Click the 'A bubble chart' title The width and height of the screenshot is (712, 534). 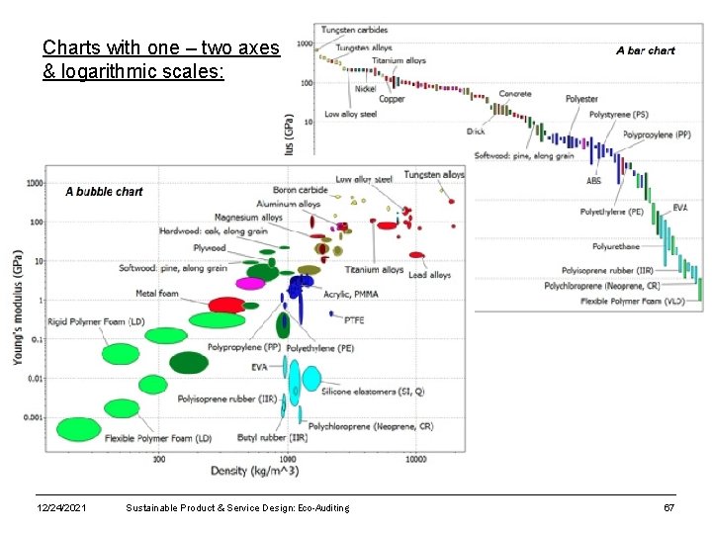(x=104, y=192)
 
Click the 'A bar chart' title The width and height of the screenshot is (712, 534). (x=645, y=50)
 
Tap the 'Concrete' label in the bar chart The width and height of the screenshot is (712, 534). (x=514, y=94)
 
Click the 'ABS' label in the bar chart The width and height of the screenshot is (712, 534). (x=593, y=181)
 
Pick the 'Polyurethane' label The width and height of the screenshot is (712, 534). (x=616, y=246)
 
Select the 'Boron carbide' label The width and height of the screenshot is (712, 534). (x=299, y=190)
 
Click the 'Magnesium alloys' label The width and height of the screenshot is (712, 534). (x=248, y=218)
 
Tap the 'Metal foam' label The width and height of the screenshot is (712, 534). (x=157, y=293)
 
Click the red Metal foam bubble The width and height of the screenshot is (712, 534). (x=226, y=305)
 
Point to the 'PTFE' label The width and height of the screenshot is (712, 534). (x=353, y=320)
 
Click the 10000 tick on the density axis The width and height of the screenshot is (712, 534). (x=415, y=459)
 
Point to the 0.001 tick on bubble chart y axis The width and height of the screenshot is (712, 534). (x=35, y=417)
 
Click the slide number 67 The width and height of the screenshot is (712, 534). (x=668, y=508)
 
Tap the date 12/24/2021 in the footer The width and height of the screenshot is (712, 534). (x=60, y=508)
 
